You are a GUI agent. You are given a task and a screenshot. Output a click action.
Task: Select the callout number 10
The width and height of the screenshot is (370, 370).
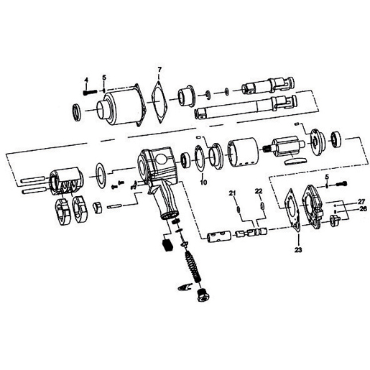pyautogui.click(x=204, y=183)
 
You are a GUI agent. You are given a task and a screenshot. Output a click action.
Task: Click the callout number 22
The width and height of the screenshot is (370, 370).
pyautogui.click(x=257, y=191)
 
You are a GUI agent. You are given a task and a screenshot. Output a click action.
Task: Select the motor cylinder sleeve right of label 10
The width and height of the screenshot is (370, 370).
pyautogui.click(x=241, y=152)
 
